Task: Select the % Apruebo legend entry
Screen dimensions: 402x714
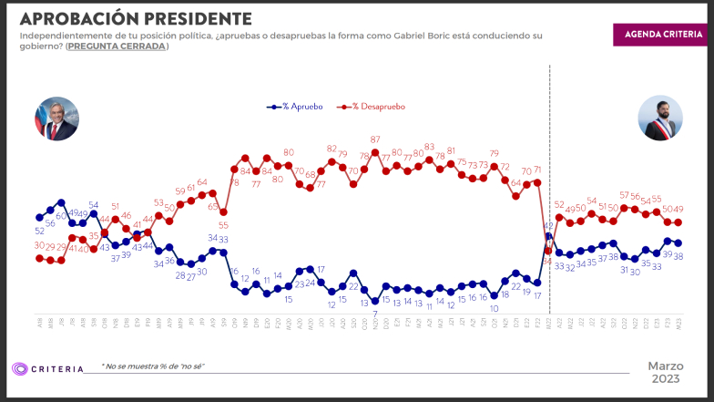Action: click(300, 107)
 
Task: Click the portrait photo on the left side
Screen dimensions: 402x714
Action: click(56, 118)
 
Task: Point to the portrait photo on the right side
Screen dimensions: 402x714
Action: click(659, 118)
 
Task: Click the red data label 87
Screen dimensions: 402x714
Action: click(375, 139)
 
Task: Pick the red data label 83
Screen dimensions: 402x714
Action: click(429, 147)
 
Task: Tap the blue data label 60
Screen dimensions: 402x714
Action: click(61, 215)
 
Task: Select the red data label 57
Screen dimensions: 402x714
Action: click(625, 195)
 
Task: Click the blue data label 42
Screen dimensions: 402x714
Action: click(549, 224)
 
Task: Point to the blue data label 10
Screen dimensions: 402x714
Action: click(494, 308)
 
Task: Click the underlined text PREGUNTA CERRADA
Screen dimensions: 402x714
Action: click(117, 46)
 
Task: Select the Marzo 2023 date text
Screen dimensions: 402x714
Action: click(666, 372)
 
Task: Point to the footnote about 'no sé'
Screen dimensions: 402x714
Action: click(153, 366)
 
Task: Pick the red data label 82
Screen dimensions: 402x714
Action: click(332, 148)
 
